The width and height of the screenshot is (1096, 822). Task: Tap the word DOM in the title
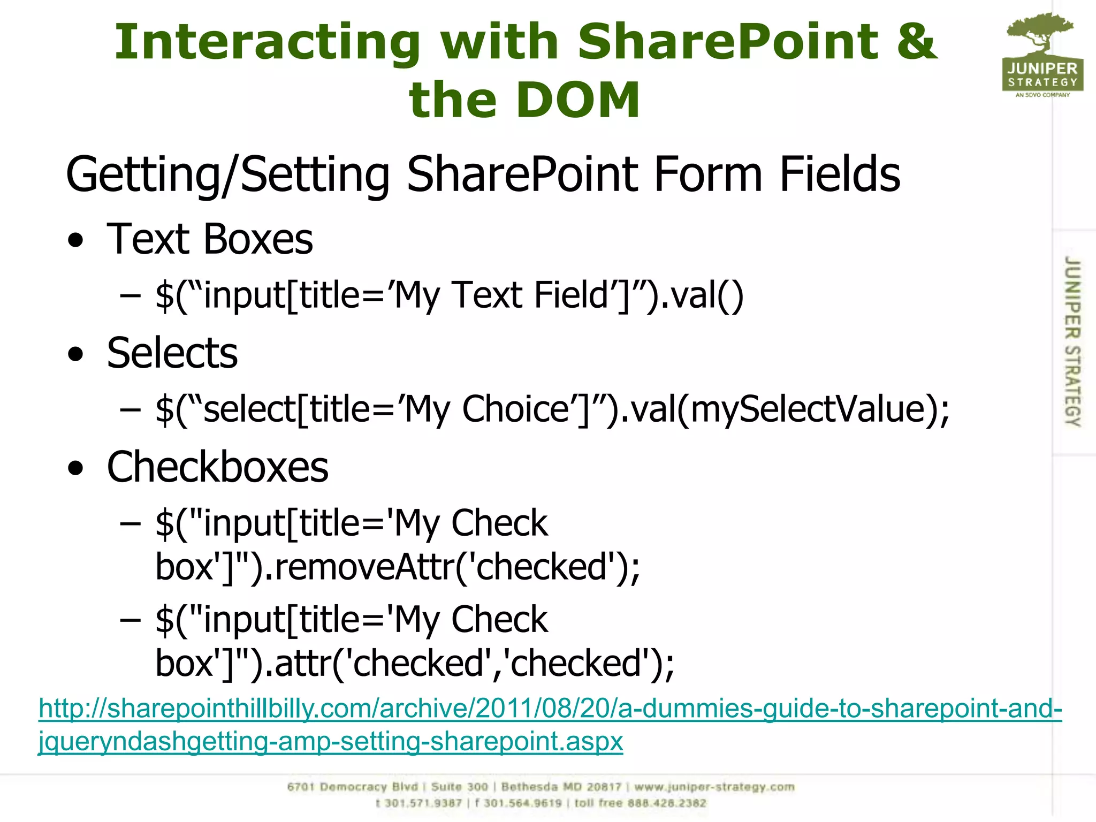578,100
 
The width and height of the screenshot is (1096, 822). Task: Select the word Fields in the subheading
839,174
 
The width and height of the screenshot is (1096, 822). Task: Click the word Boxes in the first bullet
258,239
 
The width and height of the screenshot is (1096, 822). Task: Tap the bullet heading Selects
172,353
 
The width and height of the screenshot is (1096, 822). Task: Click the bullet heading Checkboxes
217,467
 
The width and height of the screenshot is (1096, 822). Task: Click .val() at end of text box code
702,296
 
